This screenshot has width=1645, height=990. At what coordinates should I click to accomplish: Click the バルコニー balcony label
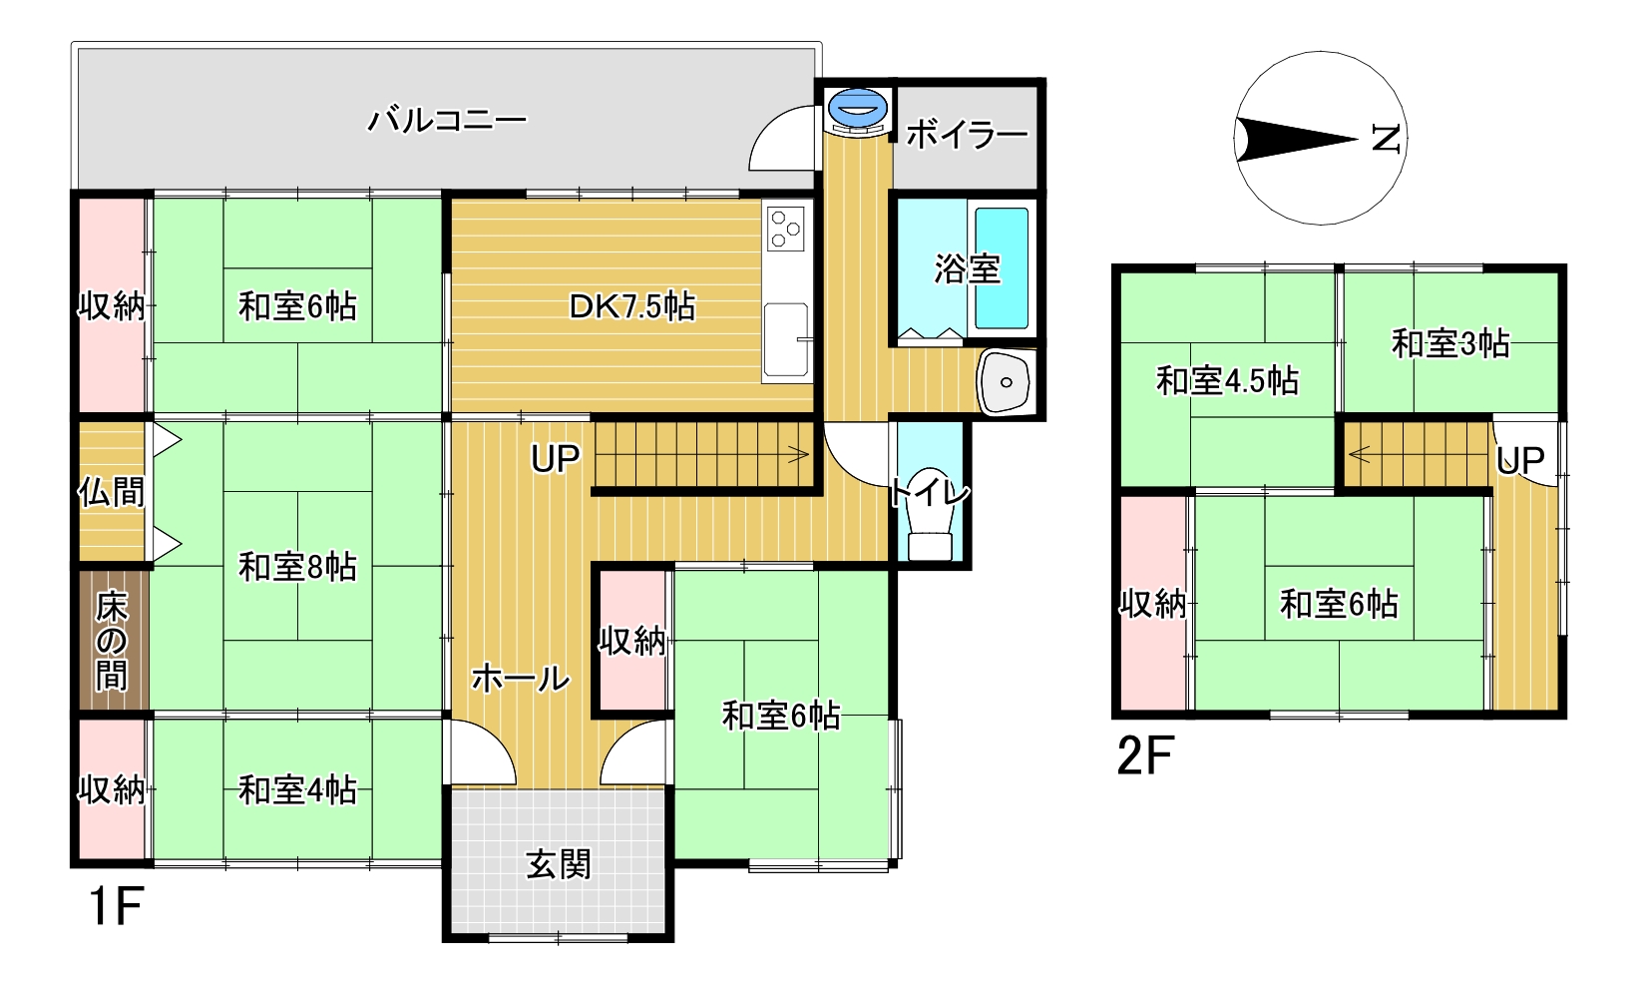pos(447,120)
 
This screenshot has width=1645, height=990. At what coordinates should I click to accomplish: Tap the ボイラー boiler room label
pos(967,136)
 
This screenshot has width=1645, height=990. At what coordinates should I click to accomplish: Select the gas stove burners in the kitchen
pos(786,229)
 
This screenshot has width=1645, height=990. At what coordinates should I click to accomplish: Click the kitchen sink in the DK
pos(786,339)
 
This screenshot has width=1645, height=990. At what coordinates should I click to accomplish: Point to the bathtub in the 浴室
pos(1001,268)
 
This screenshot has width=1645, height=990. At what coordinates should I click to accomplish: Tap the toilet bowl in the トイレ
pos(930,514)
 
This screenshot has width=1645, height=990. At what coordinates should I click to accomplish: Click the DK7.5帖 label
pos(632,307)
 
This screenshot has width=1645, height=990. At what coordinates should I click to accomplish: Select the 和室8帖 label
pos(297,567)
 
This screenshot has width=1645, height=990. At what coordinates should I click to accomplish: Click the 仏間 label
pos(112,492)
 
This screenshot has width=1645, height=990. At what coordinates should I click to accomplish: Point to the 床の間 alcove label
pos(112,641)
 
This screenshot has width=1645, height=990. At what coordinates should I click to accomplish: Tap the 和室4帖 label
pos(297,790)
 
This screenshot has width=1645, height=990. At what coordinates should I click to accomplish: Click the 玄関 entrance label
pos(559,865)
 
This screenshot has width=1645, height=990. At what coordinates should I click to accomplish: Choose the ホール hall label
pos(521,679)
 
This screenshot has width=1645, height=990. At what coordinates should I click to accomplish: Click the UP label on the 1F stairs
pos(556,459)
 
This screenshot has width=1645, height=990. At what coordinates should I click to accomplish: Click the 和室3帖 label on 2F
pos(1450,343)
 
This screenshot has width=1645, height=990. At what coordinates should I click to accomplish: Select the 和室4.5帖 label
pos(1227,381)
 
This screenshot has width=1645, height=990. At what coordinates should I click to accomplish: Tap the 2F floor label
pos(1145,756)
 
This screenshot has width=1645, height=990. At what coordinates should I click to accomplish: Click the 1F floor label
pos(116,906)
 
